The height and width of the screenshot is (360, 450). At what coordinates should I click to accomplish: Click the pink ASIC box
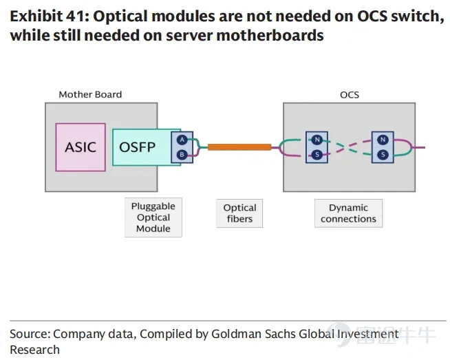[81, 147]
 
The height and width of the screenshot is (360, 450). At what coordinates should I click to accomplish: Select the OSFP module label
[137, 147]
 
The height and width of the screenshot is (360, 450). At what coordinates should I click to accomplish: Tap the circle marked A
[182, 140]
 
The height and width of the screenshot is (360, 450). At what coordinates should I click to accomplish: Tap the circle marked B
[182, 155]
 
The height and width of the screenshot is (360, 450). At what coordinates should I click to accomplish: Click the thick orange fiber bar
[239, 147]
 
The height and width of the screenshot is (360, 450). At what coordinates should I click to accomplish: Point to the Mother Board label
[90, 94]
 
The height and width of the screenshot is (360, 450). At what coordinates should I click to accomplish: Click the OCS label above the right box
[350, 95]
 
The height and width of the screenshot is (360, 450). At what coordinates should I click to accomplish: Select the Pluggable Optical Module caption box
[153, 218]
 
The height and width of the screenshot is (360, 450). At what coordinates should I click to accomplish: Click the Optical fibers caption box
[239, 213]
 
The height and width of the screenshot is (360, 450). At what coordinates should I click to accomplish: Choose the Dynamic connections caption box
[348, 213]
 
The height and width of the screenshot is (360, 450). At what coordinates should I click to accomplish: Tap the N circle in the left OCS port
[317, 140]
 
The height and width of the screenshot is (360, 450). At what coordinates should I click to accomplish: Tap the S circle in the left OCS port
[317, 155]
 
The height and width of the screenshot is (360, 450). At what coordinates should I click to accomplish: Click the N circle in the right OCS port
[383, 140]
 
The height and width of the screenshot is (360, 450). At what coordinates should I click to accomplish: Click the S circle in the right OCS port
[383, 155]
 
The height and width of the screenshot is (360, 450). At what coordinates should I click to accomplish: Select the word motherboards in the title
[270, 36]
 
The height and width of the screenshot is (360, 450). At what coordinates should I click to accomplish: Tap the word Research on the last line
[34, 350]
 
